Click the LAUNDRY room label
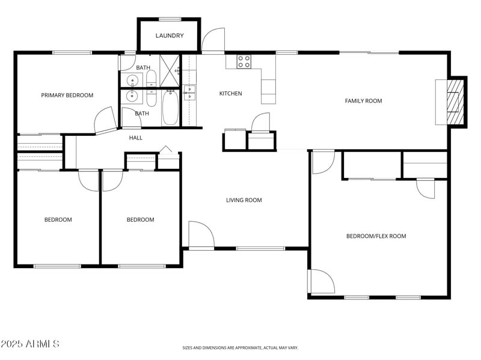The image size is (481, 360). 170,35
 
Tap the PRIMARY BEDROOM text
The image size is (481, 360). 67,95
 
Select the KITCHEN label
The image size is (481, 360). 230,93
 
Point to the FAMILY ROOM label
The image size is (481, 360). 363,101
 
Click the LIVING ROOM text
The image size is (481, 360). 244,200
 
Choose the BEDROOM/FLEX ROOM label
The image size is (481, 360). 376,236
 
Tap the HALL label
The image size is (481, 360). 135,138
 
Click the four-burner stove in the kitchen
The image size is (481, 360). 244,61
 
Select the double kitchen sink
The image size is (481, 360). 189,92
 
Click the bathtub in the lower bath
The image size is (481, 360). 170,108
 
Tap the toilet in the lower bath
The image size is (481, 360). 151,96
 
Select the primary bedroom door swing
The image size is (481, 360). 105,120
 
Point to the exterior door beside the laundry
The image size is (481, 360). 213,41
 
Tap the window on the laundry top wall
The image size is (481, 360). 170,19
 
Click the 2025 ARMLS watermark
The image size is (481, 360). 29,344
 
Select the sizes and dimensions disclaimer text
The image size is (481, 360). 240,347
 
